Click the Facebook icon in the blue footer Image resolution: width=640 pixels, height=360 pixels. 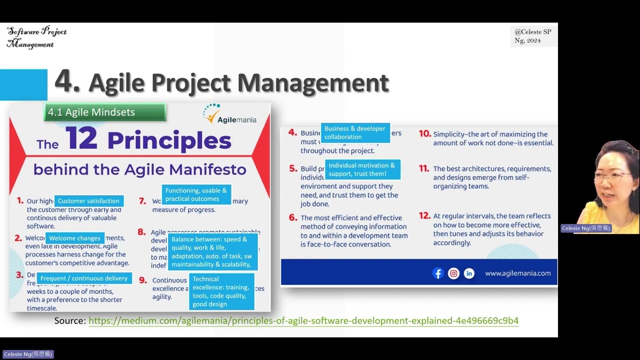438,273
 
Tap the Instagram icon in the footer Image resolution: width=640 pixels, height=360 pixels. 453,273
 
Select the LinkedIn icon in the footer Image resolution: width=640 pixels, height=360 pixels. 469,273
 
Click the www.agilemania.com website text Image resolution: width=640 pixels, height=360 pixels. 517,273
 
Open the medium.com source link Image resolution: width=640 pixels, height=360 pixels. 303,320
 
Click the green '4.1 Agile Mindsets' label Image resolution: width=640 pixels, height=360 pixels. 104,112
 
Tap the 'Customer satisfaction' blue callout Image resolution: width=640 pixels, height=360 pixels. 88,201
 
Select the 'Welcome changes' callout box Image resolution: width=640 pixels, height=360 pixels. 74,238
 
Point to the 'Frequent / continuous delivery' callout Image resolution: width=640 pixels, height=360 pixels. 84,278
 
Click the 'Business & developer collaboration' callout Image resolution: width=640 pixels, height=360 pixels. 355,132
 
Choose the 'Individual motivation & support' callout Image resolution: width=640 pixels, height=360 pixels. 362,169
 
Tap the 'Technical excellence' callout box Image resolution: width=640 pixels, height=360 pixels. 221,291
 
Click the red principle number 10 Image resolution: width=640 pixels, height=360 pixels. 424,133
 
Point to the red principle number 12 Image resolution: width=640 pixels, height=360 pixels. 424,216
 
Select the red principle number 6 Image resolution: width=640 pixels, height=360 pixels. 293,217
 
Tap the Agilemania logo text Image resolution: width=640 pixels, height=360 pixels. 237,119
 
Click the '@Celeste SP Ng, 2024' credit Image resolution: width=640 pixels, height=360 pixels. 532,36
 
